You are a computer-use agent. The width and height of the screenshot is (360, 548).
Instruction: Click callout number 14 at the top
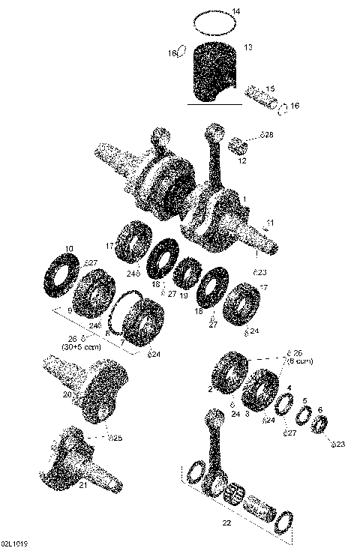coord(237,11)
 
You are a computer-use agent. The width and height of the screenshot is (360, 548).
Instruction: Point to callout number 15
coord(270,88)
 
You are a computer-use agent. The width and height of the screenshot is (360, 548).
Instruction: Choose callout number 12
coord(242,160)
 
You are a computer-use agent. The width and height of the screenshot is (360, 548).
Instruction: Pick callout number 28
coord(269,134)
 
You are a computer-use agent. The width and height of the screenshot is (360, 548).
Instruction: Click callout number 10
coord(70,248)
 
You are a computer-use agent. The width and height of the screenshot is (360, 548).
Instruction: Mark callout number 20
coord(66,394)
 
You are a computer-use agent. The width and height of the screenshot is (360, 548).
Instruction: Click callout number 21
coord(82,485)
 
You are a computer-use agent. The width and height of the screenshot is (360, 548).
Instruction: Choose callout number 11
coord(270,223)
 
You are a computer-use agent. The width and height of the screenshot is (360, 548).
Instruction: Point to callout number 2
coord(210,389)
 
